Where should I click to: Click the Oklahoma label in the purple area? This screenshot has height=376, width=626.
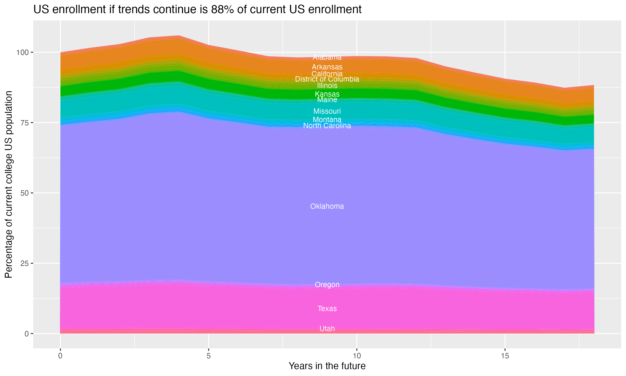click(327, 207)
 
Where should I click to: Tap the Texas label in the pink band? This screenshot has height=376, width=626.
click(327, 309)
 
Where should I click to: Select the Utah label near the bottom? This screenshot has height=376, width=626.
click(327, 329)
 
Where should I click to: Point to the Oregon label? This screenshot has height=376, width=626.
click(327, 285)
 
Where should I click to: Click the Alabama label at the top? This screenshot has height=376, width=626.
click(327, 57)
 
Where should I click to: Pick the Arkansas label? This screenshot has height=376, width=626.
click(327, 67)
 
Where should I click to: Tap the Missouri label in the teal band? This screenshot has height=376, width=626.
click(327, 111)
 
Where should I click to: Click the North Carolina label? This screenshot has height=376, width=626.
click(327, 126)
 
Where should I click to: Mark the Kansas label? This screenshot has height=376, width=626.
click(327, 94)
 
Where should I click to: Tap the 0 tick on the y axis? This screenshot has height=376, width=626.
click(26, 334)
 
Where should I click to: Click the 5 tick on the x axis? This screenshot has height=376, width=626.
click(208, 356)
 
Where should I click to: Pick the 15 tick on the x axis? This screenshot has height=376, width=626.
click(505, 356)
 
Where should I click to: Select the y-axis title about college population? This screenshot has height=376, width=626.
click(9, 184)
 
